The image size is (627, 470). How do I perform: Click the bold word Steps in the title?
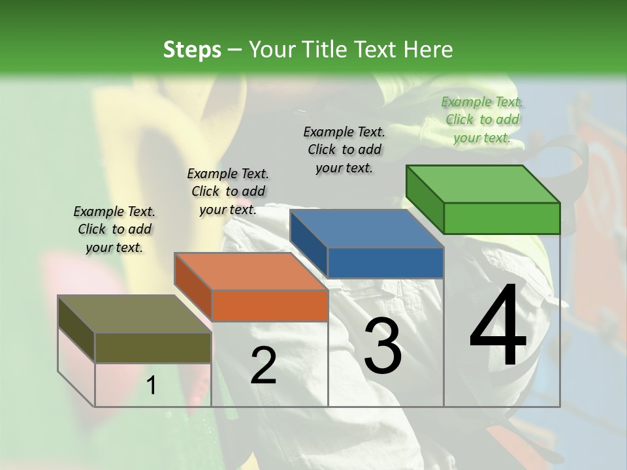point(192,50)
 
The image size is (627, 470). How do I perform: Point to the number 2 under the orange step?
point(263,366)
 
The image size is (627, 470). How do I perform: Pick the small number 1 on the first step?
point(151,386)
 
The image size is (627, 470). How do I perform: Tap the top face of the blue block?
point(366,229)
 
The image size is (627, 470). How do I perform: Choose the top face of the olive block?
point(135,314)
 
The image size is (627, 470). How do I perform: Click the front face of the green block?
point(502,218)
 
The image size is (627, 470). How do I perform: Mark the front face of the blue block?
point(385,262)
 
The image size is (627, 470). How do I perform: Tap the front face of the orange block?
point(270,305)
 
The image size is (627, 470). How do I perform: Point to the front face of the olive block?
point(153,347)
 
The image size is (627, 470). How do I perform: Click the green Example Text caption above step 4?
point(482,119)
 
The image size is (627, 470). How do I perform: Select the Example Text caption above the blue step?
point(344,149)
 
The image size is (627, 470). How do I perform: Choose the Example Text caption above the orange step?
point(228,191)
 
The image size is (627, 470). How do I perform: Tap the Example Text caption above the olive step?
point(114,229)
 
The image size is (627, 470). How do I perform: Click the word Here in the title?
point(428,50)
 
